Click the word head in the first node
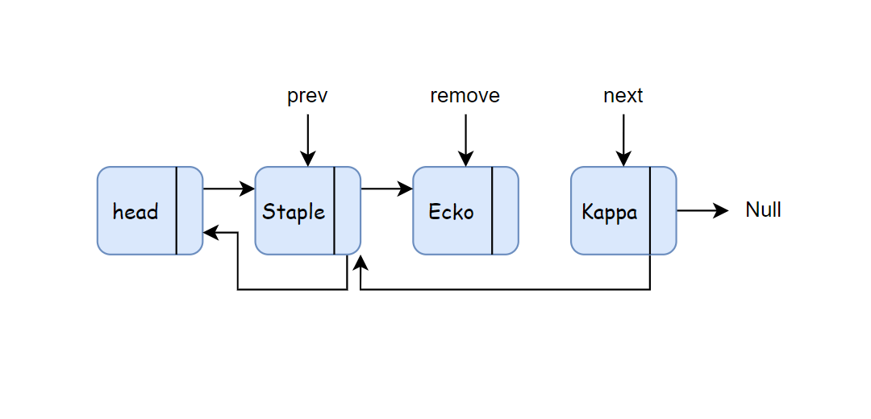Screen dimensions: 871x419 click(x=135, y=211)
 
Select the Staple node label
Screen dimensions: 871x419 click(x=294, y=212)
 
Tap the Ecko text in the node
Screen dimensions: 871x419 click(x=451, y=211)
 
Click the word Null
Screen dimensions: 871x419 click(x=763, y=210)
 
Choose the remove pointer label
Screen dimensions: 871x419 click(x=465, y=96)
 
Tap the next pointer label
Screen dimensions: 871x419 click(x=623, y=96)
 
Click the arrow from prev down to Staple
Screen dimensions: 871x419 click(x=307, y=140)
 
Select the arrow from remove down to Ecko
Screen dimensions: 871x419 click(x=465, y=140)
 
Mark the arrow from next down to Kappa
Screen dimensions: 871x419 click(x=623, y=140)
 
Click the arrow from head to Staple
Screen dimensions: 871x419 click(x=229, y=189)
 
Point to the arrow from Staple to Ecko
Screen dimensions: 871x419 click(x=386, y=189)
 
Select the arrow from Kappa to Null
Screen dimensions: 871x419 click(x=702, y=210)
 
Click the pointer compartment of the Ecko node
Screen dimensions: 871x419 click(x=505, y=211)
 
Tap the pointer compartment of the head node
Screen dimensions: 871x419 click(x=190, y=211)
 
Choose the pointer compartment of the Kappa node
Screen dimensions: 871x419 click(x=663, y=211)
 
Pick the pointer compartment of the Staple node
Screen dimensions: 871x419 click(x=347, y=211)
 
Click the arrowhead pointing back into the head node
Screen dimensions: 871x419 click(x=210, y=233)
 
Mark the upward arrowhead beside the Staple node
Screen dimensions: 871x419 click(x=360, y=262)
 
